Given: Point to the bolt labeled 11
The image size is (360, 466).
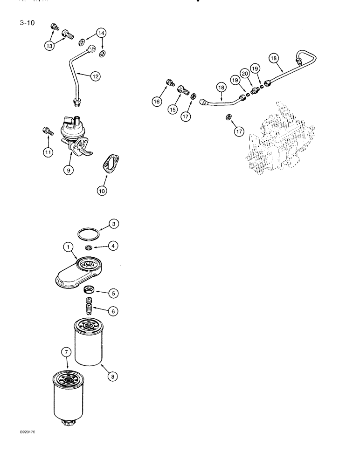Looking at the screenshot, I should tap(45, 132).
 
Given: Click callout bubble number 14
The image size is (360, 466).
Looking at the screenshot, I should tap(101, 33).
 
